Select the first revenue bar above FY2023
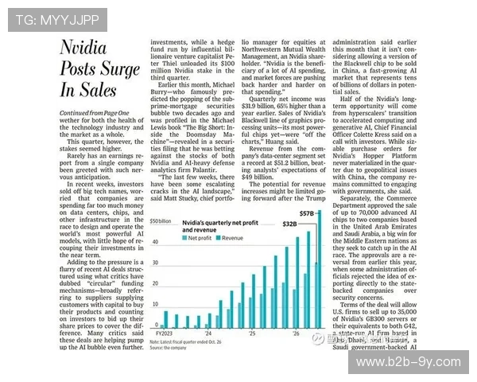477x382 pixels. point(178,322)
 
